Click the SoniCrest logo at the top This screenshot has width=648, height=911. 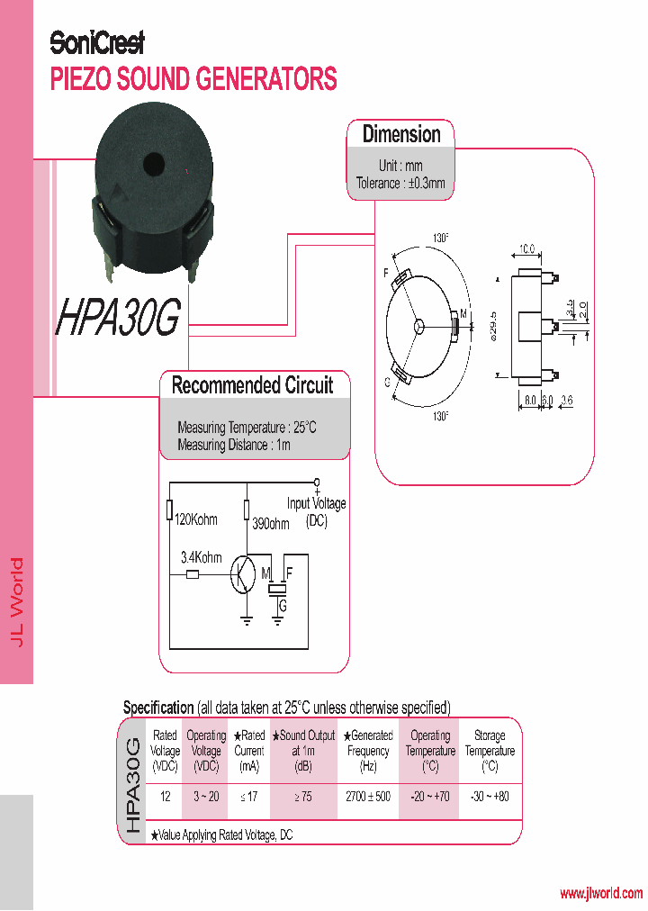tap(96, 42)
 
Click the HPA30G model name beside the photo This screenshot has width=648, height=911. tap(119, 317)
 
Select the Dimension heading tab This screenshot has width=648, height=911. tap(401, 135)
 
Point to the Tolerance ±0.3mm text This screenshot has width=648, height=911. tap(400, 183)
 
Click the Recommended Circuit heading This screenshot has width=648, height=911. tap(252, 385)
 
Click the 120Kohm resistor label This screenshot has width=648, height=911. tap(195, 519)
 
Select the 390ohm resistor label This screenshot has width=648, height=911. tap(272, 524)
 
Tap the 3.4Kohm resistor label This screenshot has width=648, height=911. tap(201, 557)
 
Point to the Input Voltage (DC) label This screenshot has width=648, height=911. tap(316, 511)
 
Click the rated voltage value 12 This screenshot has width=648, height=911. tap(165, 798)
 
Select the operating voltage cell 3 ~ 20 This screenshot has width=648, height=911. tap(206, 798)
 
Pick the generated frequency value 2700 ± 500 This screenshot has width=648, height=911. tap(368, 798)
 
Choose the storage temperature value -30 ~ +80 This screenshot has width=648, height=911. tap(490, 798)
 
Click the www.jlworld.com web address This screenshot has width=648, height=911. tap(600, 893)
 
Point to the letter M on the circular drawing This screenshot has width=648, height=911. tap(463, 313)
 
